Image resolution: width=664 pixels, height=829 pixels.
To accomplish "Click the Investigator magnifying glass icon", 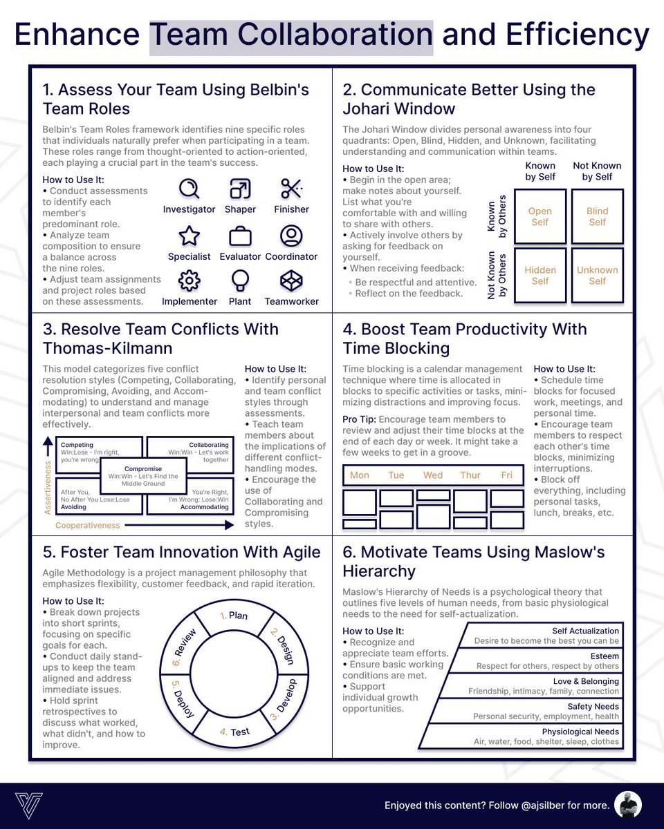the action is click(x=189, y=189).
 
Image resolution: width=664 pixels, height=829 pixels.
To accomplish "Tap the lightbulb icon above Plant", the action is click(x=240, y=280).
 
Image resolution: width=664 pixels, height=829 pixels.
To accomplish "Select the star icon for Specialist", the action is click(x=189, y=236).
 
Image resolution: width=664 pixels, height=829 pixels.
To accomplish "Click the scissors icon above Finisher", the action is click(x=291, y=189).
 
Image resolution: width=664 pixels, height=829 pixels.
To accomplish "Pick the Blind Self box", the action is click(x=597, y=216).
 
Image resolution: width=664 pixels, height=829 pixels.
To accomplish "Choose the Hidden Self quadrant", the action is click(x=540, y=276).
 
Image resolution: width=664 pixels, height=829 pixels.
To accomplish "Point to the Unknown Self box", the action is click(x=597, y=276).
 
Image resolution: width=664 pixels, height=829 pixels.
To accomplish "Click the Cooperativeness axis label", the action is click(x=88, y=525).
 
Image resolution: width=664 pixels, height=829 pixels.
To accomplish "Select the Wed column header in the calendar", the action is click(x=433, y=475).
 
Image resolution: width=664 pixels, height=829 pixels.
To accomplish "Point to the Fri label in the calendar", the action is click(x=507, y=475).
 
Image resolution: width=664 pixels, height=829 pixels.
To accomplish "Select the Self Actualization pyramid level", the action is click(x=546, y=636).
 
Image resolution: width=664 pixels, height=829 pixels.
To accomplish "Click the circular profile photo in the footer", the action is click(x=628, y=805).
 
